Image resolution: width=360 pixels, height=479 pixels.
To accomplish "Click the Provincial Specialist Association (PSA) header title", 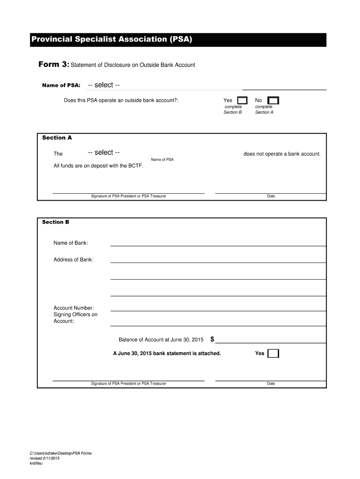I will pos(112,39).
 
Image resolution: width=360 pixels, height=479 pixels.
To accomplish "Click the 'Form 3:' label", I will pos(53,65).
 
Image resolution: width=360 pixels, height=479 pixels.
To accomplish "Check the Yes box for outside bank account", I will pos(243,101).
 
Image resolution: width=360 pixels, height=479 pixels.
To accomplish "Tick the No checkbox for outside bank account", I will pos(273,101).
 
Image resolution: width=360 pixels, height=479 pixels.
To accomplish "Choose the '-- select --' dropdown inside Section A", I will pos(104,152).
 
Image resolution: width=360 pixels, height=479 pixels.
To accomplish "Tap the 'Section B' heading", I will pos(56,222).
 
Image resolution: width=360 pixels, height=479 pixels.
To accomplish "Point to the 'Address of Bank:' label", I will pos(73,260).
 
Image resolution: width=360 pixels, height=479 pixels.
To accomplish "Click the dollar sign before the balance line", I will pos(212,339).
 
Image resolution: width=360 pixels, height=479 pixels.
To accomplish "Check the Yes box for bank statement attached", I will pos(273,354).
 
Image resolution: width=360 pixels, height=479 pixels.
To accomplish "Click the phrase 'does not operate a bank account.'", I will pos(282,154).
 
